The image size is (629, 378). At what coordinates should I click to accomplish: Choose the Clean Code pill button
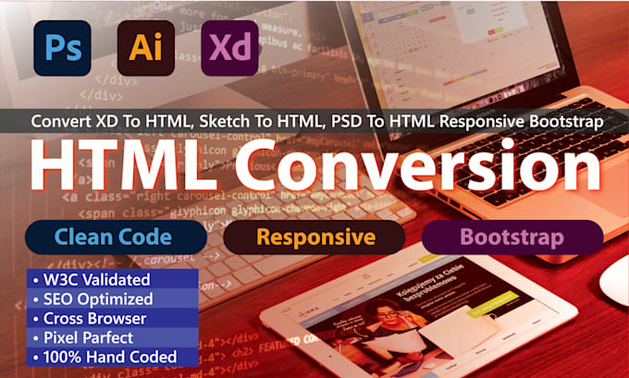113,238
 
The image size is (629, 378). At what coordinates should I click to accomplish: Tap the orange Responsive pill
315,238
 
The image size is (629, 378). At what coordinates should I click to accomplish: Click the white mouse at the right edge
616,287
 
